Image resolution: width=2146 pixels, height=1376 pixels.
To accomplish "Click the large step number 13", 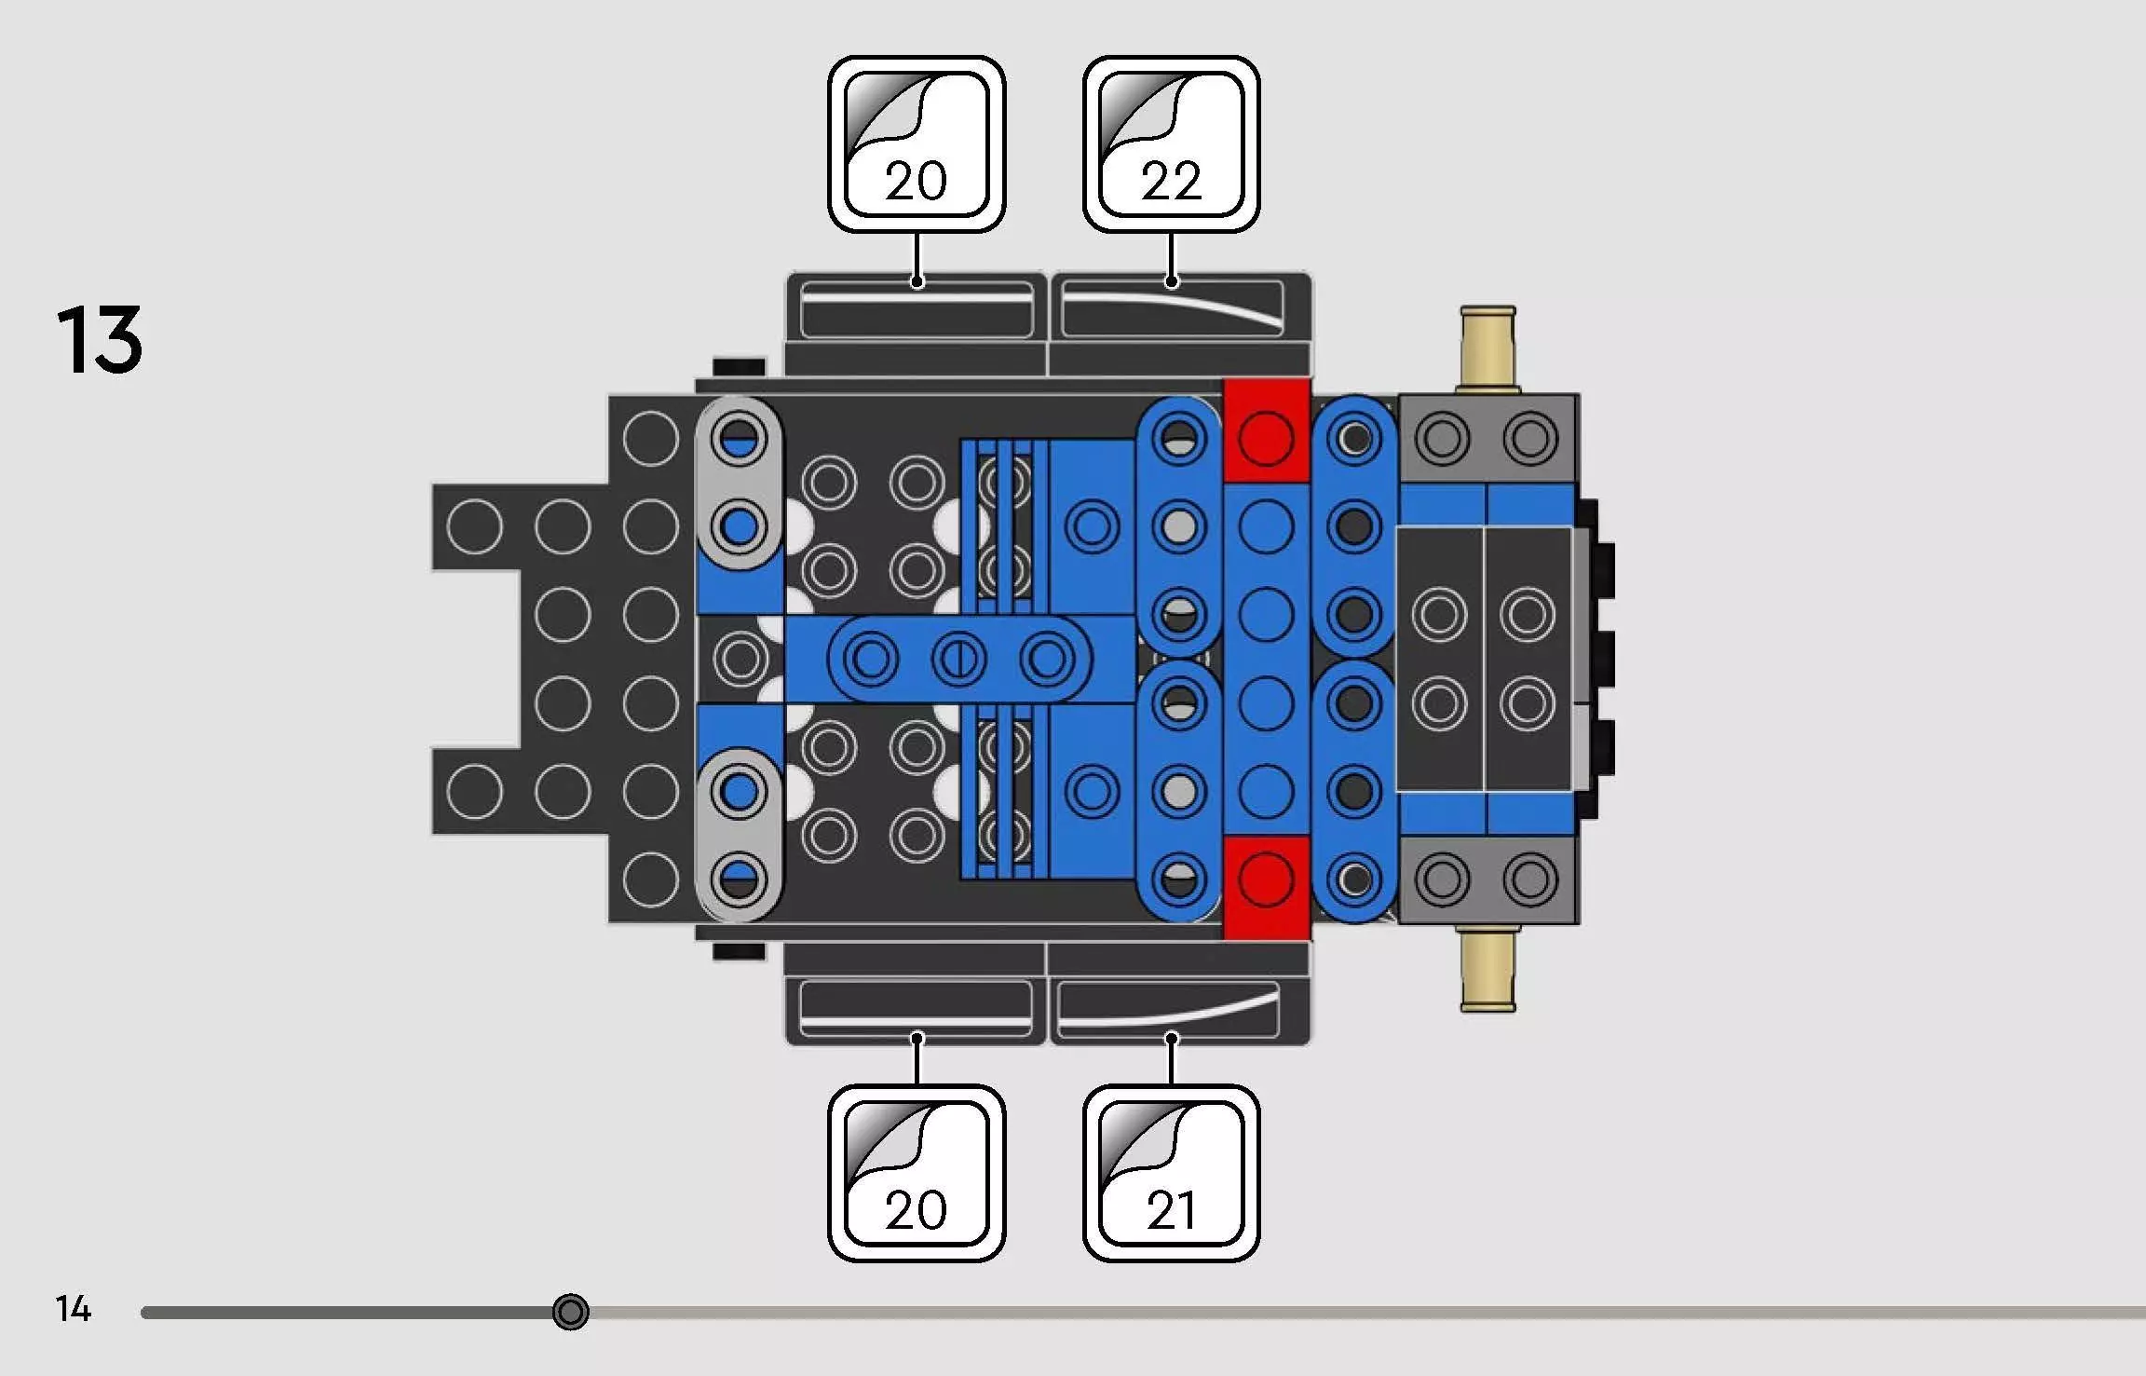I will click(100, 340).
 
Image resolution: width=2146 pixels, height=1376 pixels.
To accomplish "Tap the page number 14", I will click(74, 1309).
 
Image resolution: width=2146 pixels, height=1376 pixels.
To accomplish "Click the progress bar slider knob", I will click(570, 1312).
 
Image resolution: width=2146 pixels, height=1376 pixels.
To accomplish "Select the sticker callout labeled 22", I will click(1171, 144).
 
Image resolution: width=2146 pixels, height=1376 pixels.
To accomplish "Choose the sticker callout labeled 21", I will click(1171, 1173).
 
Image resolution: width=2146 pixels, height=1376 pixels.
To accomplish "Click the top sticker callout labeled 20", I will click(917, 144).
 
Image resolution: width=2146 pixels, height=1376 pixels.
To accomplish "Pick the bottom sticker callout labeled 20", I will click(917, 1173).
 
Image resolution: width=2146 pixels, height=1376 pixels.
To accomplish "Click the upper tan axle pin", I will click(1487, 349).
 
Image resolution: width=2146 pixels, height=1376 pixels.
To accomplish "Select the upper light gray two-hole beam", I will click(740, 482).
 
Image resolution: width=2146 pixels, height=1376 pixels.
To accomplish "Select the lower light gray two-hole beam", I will click(740, 835).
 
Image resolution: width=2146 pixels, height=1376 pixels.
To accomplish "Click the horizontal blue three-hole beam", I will click(958, 659).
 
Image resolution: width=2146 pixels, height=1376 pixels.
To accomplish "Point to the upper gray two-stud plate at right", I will click(1487, 439).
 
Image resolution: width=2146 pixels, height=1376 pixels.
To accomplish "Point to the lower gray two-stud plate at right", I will click(1487, 879).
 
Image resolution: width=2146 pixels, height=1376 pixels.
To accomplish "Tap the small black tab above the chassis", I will click(740, 367).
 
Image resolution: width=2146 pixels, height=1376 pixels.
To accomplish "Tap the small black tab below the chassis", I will click(740, 951).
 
